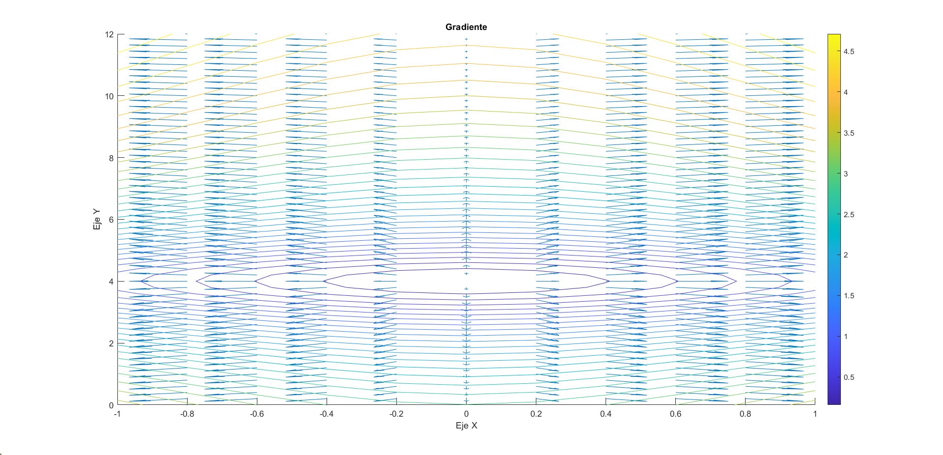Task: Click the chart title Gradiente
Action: [466, 27]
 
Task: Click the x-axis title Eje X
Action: [466, 426]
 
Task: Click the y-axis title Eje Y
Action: [97, 219]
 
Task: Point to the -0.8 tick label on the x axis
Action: [187, 414]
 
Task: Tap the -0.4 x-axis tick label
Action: [327, 414]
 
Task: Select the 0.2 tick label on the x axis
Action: [536, 414]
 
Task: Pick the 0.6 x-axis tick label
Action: [675, 414]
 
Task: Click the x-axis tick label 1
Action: [815, 414]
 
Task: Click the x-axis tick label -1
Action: [117, 414]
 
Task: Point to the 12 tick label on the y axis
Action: [109, 34]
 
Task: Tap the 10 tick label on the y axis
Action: [109, 96]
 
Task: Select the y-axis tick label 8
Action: [111, 158]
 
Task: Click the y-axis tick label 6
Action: [111, 220]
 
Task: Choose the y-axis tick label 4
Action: [111, 282]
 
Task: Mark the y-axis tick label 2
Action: [111, 343]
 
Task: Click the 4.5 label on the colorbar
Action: [849, 52]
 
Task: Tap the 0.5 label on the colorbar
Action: [849, 377]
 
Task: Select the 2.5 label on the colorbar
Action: [849, 215]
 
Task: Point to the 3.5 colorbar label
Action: [849, 133]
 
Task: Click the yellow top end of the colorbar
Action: [834, 37]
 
